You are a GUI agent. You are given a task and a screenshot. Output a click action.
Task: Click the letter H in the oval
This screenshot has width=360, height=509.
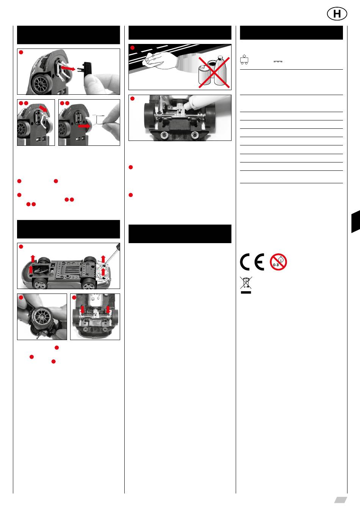click(337, 14)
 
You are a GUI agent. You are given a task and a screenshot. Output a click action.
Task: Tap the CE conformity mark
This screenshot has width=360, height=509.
click(252, 262)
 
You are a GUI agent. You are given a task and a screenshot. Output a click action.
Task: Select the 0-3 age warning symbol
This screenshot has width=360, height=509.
click(279, 262)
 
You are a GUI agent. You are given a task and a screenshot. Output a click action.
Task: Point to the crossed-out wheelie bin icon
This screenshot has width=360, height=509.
click(246, 285)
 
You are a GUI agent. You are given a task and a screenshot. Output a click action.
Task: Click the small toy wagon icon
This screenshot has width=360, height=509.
click(244, 59)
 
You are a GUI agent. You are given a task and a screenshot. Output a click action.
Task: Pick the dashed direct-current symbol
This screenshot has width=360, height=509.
click(278, 62)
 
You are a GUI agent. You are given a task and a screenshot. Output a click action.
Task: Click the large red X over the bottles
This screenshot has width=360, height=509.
click(214, 72)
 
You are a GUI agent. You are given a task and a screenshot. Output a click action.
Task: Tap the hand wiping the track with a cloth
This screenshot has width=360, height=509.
click(160, 61)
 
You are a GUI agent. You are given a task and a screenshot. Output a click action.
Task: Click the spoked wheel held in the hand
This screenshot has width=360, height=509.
click(41, 316)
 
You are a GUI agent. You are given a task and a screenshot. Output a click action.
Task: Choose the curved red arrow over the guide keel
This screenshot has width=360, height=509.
click(44, 108)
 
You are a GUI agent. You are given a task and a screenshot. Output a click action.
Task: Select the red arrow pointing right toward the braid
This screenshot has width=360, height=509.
click(85, 126)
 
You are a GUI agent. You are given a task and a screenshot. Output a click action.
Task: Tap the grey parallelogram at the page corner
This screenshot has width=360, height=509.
click(340, 500)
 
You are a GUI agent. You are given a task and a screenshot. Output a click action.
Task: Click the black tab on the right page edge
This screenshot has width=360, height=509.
click(356, 222)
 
